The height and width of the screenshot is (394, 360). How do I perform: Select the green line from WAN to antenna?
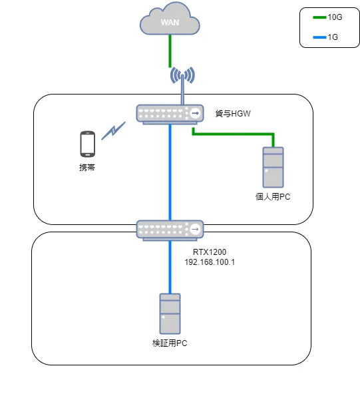click(170, 49)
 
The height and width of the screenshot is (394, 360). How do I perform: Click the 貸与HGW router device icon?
click(170, 114)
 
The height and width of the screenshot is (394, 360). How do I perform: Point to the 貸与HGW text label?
click(232, 114)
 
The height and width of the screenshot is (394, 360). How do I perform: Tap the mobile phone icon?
click(87, 143)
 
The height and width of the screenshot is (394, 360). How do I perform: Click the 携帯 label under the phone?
click(87, 168)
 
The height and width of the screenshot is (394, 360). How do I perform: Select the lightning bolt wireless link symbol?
click(114, 130)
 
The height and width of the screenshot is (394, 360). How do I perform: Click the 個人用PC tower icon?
click(273, 167)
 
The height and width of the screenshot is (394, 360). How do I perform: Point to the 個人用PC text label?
click(273, 197)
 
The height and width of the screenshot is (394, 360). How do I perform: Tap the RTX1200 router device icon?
click(170, 230)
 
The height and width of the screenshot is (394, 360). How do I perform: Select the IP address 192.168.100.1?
click(210, 262)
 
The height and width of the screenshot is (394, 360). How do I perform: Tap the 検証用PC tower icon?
click(170, 313)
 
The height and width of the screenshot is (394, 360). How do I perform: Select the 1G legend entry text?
click(333, 37)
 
